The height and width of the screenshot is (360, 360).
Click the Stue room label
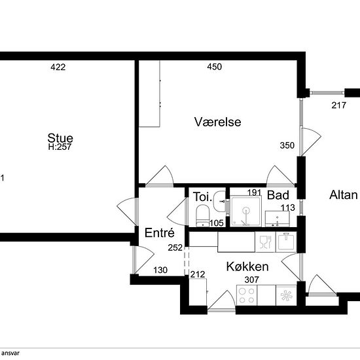(60, 138)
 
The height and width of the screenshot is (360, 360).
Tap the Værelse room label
(218, 122)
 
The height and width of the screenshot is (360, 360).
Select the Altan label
(344, 195)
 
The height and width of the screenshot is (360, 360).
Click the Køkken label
(247, 266)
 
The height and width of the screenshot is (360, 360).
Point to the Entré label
(160, 232)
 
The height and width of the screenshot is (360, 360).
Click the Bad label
(278, 195)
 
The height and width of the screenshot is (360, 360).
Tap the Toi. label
(202, 197)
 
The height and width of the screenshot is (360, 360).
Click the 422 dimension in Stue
(58, 67)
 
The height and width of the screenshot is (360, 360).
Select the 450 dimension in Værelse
(215, 67)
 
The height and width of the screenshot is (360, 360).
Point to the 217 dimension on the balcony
(338, 105)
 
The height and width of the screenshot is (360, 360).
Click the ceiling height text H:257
(60, 147)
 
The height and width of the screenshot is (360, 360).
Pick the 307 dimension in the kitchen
(251, 279)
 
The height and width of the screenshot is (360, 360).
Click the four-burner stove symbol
(247, 295)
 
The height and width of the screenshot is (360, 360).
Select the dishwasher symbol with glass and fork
(265, 242)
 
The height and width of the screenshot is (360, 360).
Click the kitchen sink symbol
(286, 242)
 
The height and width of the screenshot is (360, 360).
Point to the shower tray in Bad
(246, 211)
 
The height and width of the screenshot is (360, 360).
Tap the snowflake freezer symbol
(286, 295)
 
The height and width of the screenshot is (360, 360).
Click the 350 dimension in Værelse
(287, 145)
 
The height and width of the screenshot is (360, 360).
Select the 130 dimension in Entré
(160, 270)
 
